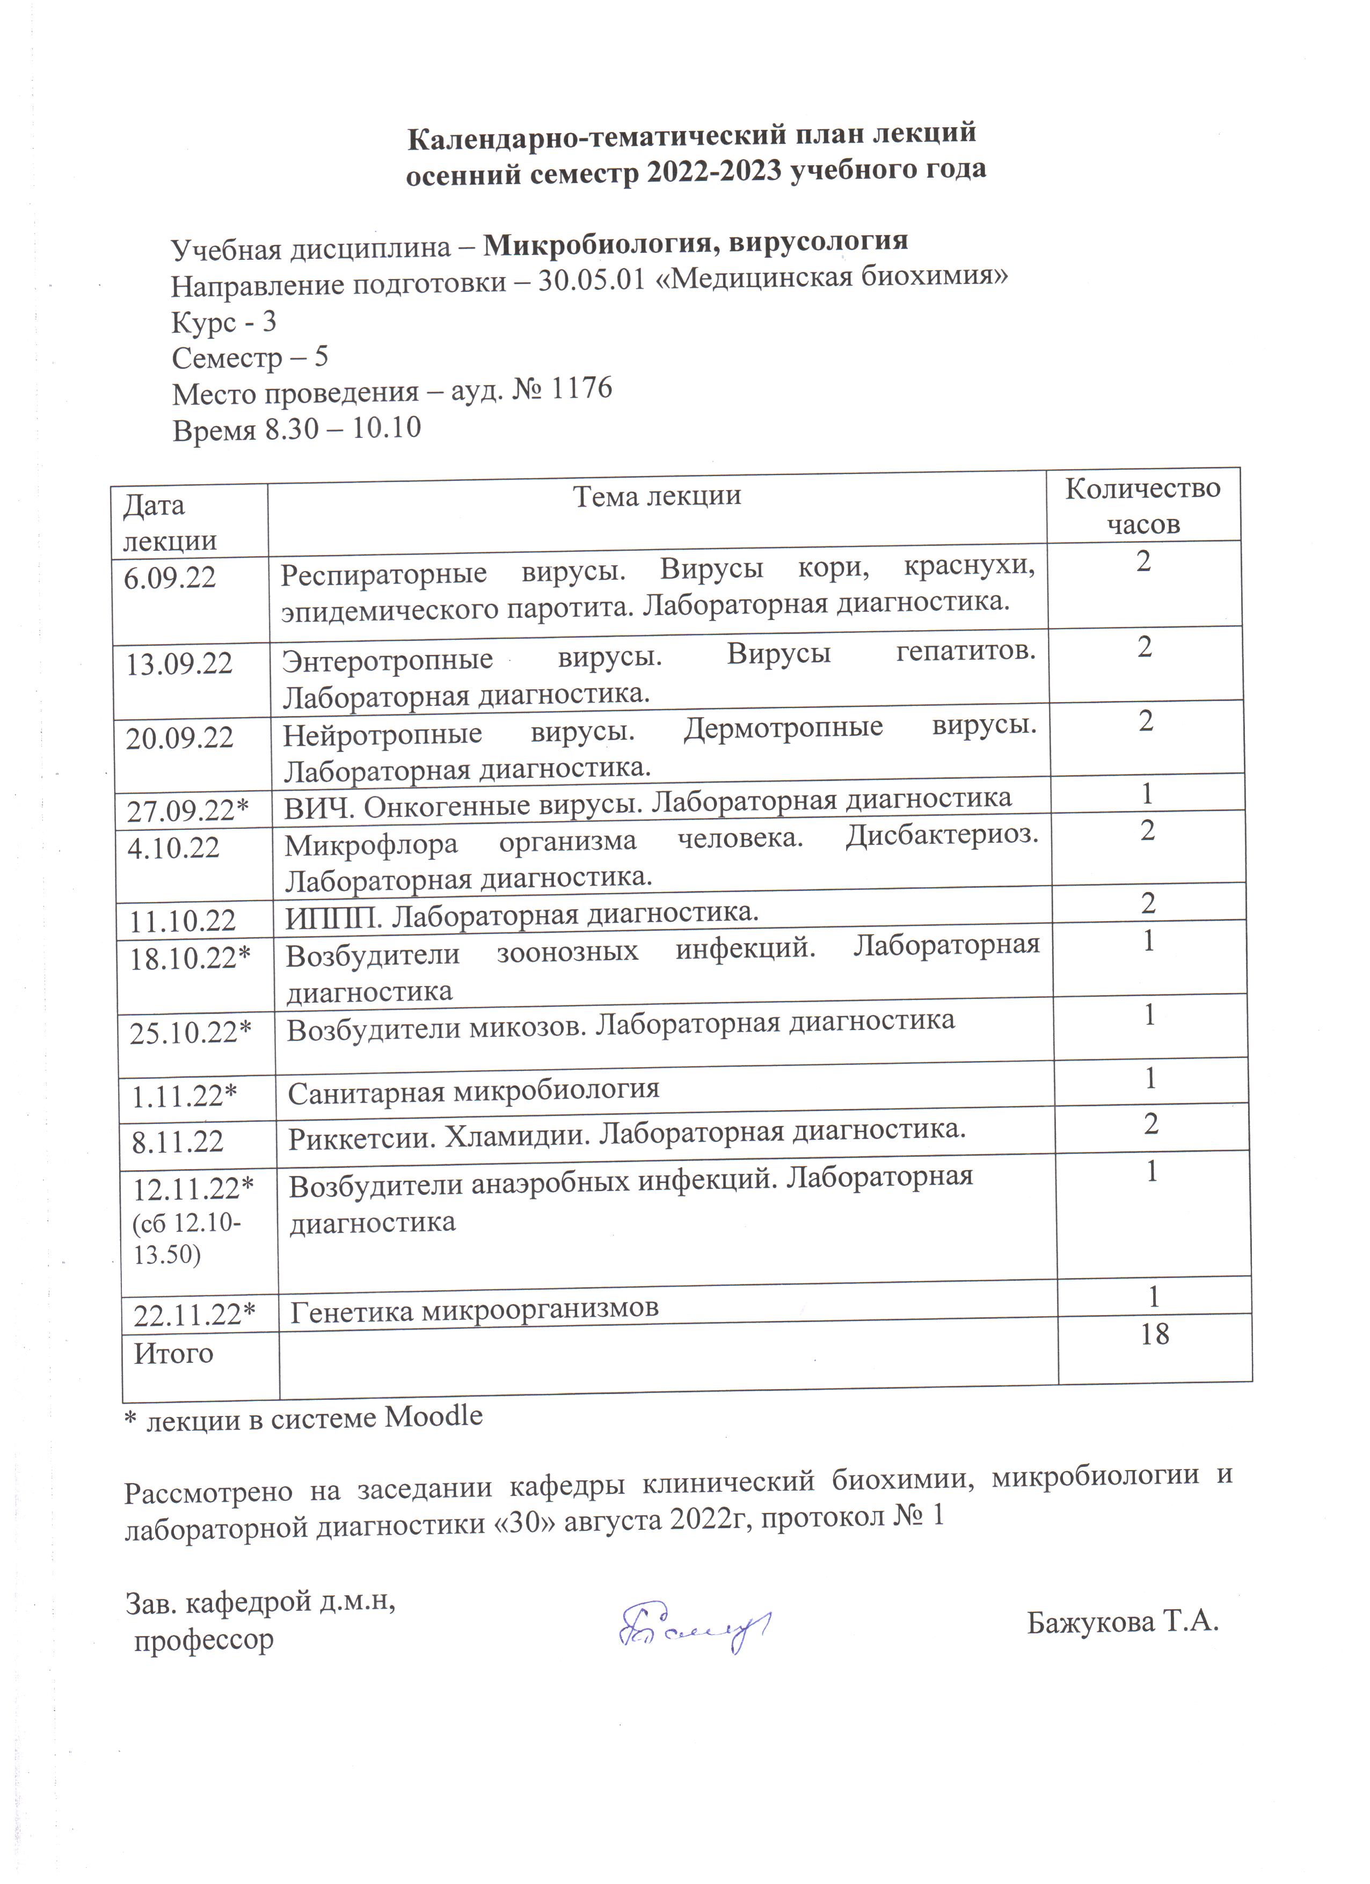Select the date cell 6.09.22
tap(170, 578)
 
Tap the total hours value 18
tap(1155, 1334)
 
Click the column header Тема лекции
tap(657, 496)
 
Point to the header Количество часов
tap(1143, 505)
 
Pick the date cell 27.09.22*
tap(188, 810)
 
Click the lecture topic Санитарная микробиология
tap(473, 1090)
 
